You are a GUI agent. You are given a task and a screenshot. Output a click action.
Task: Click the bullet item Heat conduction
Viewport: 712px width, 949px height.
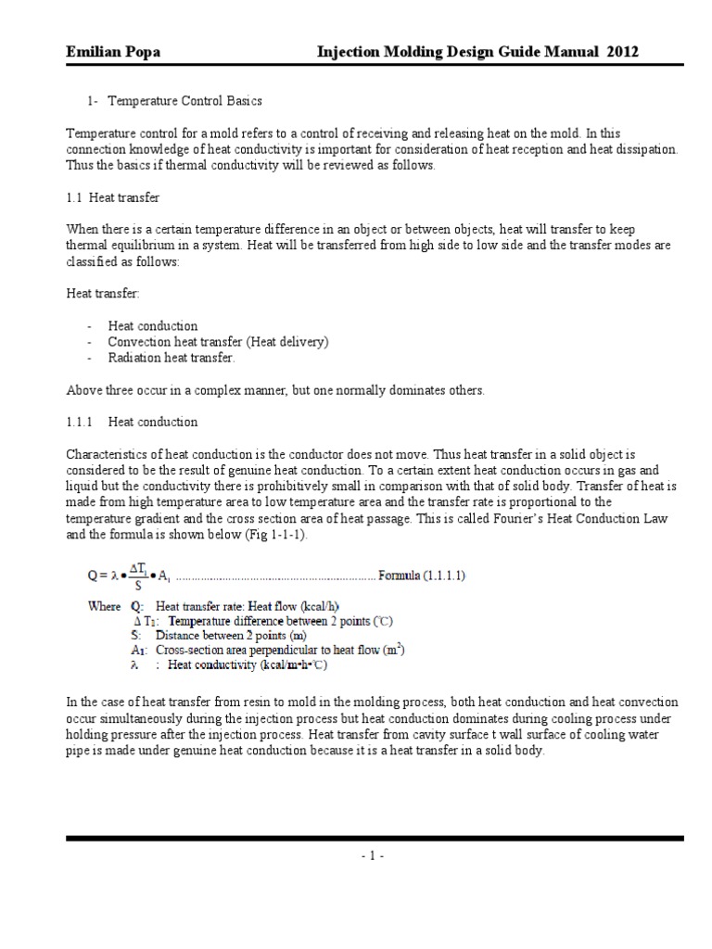point(153,326)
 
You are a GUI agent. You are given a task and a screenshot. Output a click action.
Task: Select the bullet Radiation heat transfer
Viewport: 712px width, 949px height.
point(172,358)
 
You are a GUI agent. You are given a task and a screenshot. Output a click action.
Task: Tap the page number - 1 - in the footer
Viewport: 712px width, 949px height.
point(374,856)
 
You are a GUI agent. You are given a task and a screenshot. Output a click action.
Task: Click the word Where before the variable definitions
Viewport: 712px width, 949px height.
point(106,606)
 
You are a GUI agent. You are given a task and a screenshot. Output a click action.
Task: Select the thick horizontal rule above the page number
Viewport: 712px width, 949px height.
point(374,838)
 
